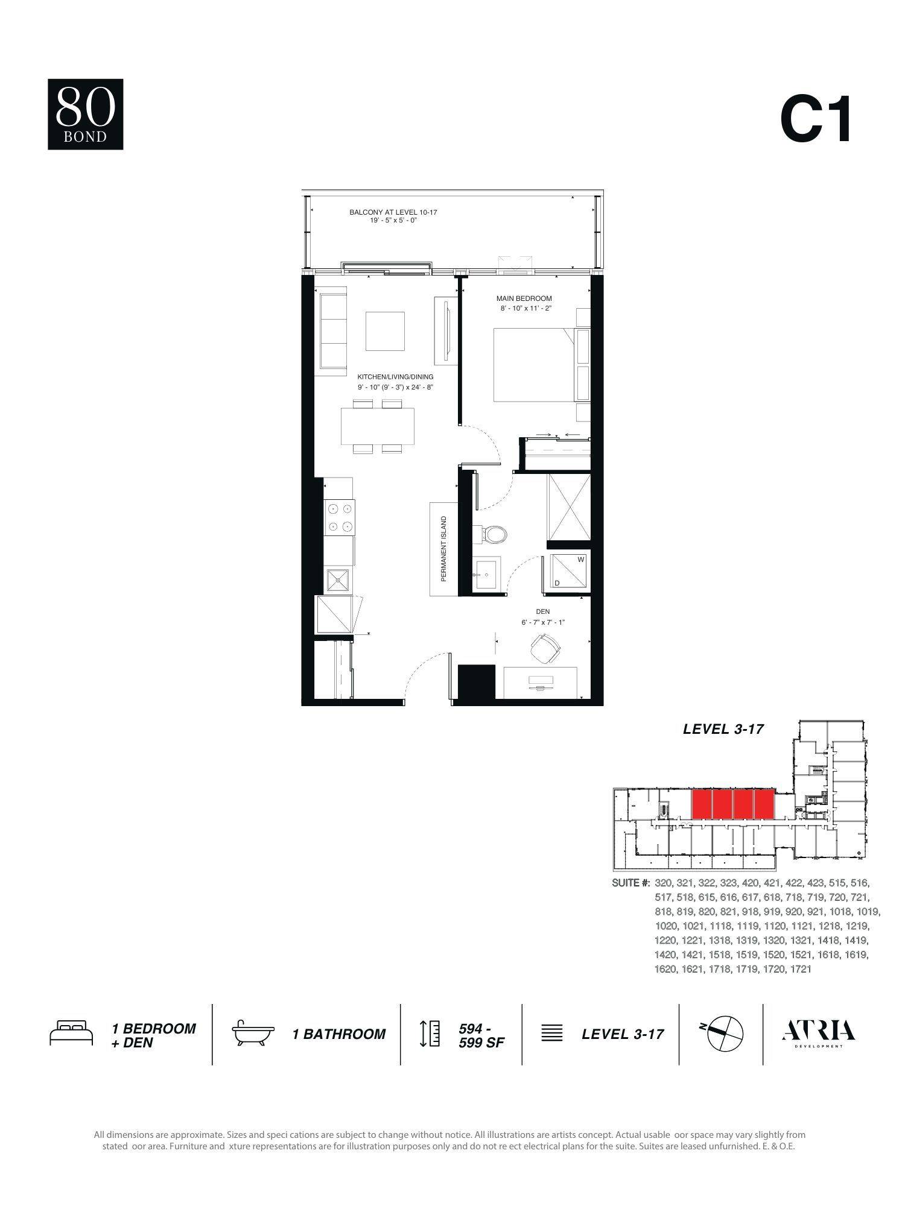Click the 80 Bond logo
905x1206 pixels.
click(x=86, y=114)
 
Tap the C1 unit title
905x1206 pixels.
click(x=816, y=119)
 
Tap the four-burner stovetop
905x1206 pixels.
click(x=339, y=517)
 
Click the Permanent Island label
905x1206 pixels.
click(x=443, y=548)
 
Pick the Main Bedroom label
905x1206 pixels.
click(x=524, y=298)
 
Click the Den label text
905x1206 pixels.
click(x=542, y=611)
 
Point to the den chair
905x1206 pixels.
click(x=545, y=647)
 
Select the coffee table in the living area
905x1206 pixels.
click(x=384, y=331)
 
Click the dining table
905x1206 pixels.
click(x=378, y=426)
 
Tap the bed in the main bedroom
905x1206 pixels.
click(x=532, y=364)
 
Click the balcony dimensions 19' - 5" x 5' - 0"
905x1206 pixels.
click(x=393, y=221)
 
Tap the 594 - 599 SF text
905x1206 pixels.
click(x=480, y=1035)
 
